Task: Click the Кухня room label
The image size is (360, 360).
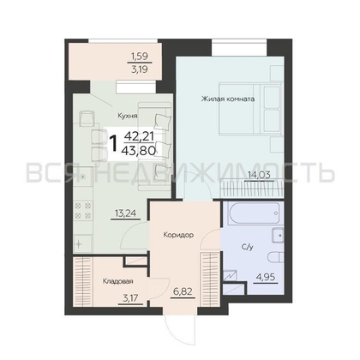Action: coord(128,116)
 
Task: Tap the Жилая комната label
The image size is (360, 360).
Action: coord(228,99)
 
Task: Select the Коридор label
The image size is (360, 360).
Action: coord(178,235)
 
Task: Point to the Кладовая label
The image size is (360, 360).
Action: coord(117,281)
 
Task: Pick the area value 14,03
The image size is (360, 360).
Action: coord(260,175)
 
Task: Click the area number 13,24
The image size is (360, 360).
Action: coord(125,213)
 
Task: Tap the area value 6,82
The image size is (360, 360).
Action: coord(183,291)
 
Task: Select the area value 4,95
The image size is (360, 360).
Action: coord(266,277)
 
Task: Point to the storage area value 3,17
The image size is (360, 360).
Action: coord(130,298)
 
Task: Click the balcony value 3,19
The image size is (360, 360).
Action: coord(140,69)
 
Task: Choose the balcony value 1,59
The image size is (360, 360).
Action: coord(140,56)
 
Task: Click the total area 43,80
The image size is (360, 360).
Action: coord(138,150)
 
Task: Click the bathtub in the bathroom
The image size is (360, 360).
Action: coord(253,213)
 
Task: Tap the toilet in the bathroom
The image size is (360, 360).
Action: coord(276,257)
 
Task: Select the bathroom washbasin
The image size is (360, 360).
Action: coord(278,236)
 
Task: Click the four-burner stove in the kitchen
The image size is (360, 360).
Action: coord(83,210)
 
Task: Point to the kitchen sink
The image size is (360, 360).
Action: coord(83,243)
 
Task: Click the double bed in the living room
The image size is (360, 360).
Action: coord(250,109)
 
